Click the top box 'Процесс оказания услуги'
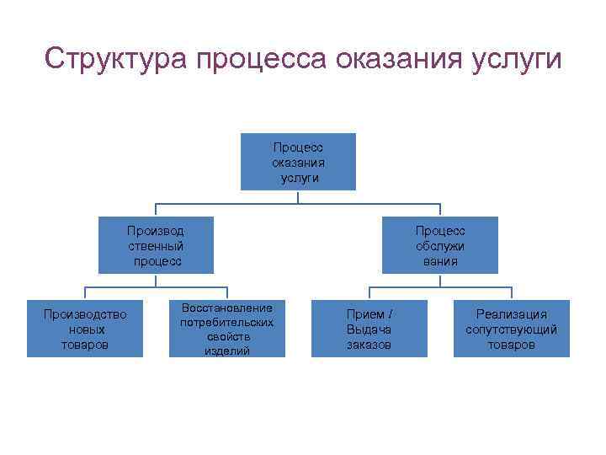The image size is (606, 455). (298, 162)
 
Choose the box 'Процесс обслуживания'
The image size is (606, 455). (439, 245)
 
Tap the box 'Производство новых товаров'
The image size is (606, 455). (85, 329)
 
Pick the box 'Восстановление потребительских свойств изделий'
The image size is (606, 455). (226, 329)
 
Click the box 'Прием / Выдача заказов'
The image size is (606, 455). (369, 329)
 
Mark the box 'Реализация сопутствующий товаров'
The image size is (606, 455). (511, 329)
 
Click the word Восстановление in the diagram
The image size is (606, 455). (227, 308)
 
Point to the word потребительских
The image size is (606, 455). (227, 322)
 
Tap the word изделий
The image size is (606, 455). (227, 351)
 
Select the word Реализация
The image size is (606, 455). (512, 314)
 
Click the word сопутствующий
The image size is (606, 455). (512, 329)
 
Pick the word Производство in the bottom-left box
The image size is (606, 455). (85, 314)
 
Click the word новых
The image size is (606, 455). (85, 329)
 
